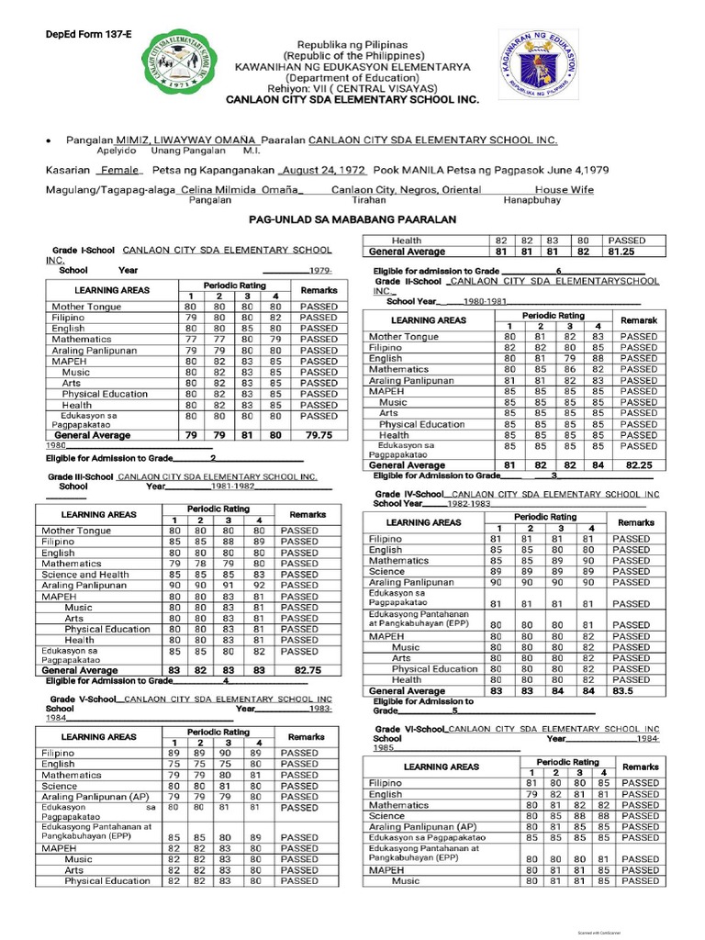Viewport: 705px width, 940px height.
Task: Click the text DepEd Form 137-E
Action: click(89, 34)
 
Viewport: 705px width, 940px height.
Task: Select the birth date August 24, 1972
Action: click(324, 171)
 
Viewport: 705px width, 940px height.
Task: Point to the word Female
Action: click(119, 171)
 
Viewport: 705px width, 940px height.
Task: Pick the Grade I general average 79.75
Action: click(318, 434)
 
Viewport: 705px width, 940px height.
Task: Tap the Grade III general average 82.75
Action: click(307, 671)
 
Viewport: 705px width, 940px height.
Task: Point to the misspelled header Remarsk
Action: click(638, 320)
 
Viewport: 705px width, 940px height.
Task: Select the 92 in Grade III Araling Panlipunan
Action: click(260, 585)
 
